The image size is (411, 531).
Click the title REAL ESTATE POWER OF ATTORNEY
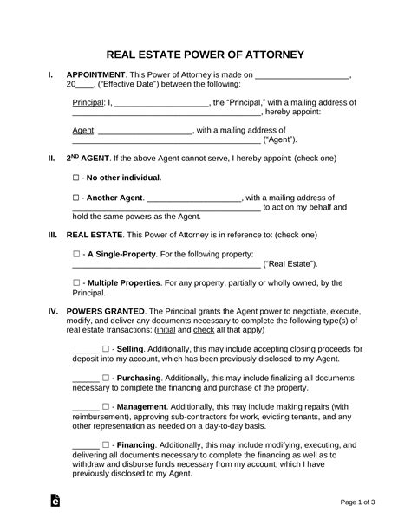pyautogui.click(x=205, y=55)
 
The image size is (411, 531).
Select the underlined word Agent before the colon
pyautogui.click(x=82, y=131)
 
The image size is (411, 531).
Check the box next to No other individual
pyautogui.click(x=76, y=178)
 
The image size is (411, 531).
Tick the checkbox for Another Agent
pyautogui.click(x=76, y=197)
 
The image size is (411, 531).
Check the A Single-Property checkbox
pyautogui.click(x=76, y=254)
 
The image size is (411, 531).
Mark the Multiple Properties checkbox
pyautogui.click(x=76, y=282)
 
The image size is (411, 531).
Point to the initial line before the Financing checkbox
pyautogui.click(x=85, y=444)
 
